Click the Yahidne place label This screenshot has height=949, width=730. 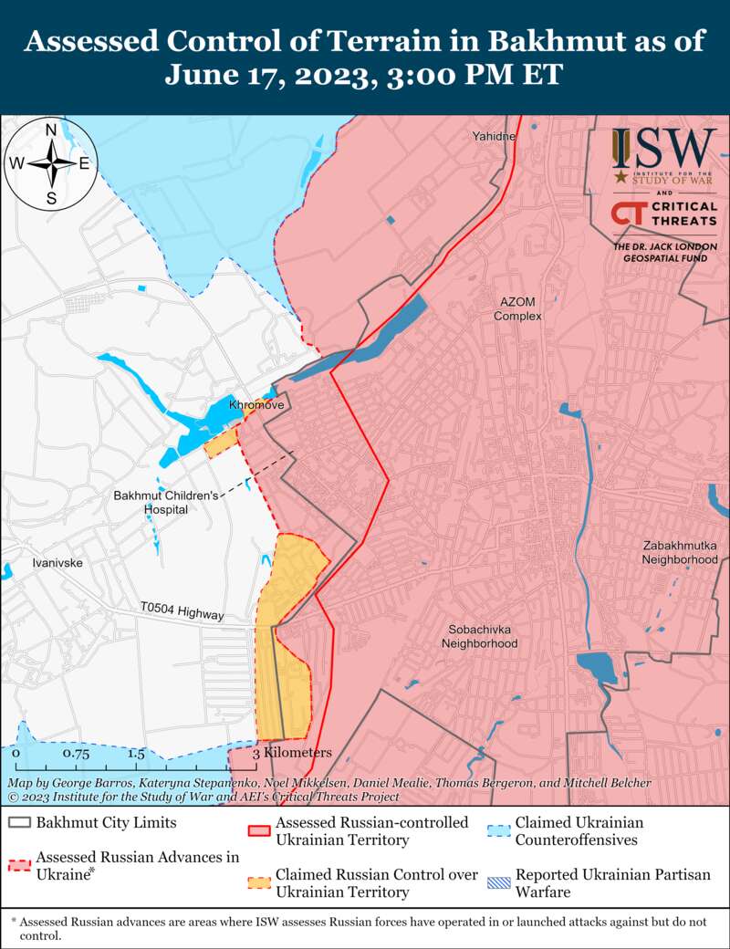495,137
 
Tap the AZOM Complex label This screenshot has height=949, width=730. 518,308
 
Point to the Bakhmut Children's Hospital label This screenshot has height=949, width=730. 166,502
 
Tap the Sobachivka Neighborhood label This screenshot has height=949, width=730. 479,636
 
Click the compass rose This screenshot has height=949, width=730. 52,164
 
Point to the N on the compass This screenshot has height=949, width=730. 52,130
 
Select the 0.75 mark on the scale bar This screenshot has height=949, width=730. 76,755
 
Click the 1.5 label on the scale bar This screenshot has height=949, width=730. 136,755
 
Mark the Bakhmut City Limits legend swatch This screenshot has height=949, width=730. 20,823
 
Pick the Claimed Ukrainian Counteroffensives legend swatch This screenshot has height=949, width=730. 499,831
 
